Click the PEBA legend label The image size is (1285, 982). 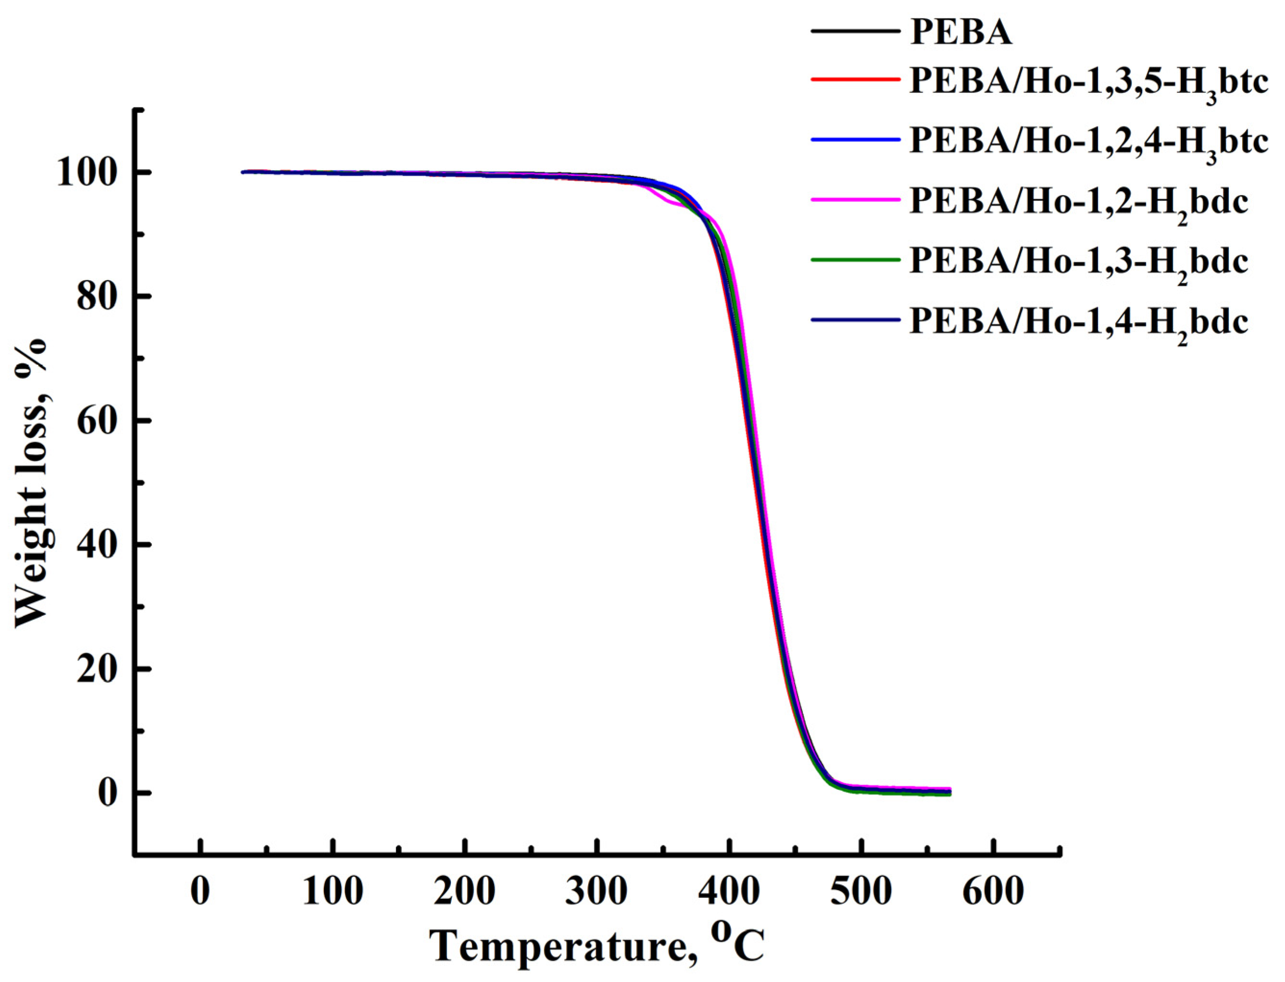[x=961, y=33]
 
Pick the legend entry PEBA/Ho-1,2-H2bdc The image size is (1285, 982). [x=1078, y=202]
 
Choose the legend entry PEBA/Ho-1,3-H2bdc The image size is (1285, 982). [x=1078, y=262]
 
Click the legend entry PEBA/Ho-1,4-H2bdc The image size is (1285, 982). [x=1078, y=322]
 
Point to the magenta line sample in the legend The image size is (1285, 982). [x=854, y=199]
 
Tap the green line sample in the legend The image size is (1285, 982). [x=854, y=259]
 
